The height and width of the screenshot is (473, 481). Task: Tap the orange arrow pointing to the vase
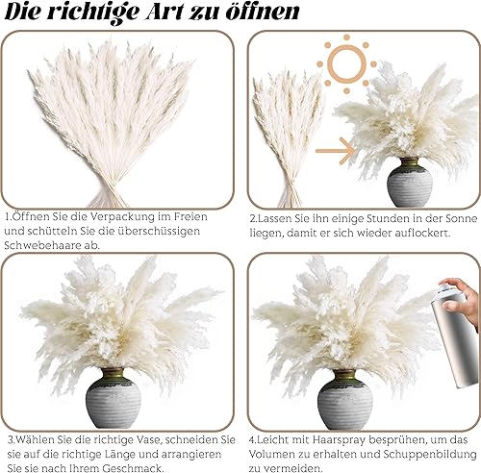[x=335, y=151]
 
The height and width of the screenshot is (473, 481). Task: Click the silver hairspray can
[x=455, y=337]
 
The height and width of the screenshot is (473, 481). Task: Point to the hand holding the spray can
[x=462, y=298]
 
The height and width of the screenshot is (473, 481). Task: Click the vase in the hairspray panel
[x=345, y=400]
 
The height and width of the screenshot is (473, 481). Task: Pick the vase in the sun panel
[x=410, y=182]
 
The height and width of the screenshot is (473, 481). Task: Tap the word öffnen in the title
[x=263, y=12]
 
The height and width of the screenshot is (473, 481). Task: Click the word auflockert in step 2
[x=421, y=233]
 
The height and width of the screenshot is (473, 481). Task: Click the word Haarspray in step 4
[x=340, y=439]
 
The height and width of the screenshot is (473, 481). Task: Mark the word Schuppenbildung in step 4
[x=430, y=454]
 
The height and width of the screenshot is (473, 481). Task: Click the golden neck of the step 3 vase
[x=113, y=374]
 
